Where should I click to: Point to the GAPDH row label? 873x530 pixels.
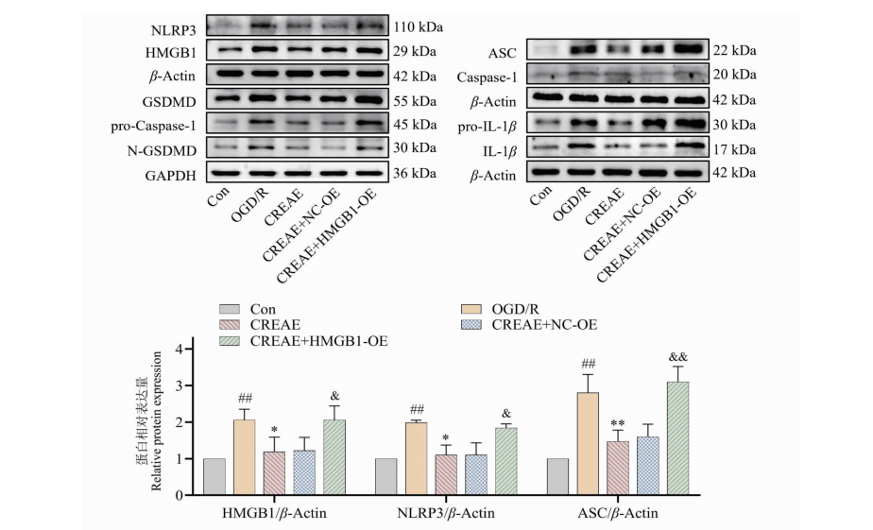pos(171,173)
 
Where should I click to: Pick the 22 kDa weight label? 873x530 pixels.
pos(736,50)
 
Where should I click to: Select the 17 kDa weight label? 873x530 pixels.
pos(736,148)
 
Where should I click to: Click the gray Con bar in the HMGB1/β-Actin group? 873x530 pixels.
pos(215,476)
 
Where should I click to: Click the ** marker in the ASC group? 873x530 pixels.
pos(617,422)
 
